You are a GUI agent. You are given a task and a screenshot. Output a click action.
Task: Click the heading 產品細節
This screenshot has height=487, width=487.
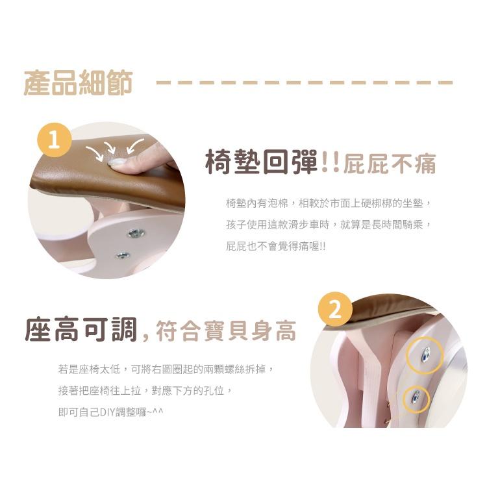tap(79, 82)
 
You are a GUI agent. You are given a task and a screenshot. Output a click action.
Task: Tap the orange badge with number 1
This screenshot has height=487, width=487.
tap(55, 140)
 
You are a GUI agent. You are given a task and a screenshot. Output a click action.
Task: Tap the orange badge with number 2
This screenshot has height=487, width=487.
tap(335, 309)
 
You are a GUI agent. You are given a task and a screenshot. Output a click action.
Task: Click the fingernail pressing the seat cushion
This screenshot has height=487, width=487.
tap(118, 162)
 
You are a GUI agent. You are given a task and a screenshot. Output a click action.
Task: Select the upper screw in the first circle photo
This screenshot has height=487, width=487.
tap(136, 233)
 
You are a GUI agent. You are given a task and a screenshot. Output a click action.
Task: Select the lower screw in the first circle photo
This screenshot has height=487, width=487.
tap(123, 255)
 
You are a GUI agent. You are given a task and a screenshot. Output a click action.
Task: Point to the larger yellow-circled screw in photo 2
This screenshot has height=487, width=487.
tap(426, 355)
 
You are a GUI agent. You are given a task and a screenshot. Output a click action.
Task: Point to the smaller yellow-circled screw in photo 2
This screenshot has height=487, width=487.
tap(416, 397)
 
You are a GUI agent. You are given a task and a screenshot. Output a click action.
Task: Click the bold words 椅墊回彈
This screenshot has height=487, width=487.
tap(262, 162)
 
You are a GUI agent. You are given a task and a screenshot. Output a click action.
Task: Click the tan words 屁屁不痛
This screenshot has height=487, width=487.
tap(390, 164)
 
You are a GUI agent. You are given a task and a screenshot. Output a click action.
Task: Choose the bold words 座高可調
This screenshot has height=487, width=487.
tap(81, 330)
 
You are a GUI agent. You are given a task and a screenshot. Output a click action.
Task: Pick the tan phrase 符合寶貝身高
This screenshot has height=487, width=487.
tap(226, 331)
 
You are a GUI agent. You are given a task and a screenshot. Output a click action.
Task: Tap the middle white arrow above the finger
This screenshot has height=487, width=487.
tap(110, 147)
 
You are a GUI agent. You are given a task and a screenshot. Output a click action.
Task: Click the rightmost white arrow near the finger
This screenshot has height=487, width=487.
tap(134, 145)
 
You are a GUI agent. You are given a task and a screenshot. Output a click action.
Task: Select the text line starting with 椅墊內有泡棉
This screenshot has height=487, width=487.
tap(329, 203)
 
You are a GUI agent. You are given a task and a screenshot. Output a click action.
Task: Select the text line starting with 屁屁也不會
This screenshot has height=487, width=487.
tap(276, 246)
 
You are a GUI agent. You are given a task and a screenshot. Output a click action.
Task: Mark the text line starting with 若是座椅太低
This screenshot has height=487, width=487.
tap(166, 369)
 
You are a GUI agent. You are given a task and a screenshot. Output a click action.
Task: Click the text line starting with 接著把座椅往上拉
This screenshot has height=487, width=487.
tap(145, 391)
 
